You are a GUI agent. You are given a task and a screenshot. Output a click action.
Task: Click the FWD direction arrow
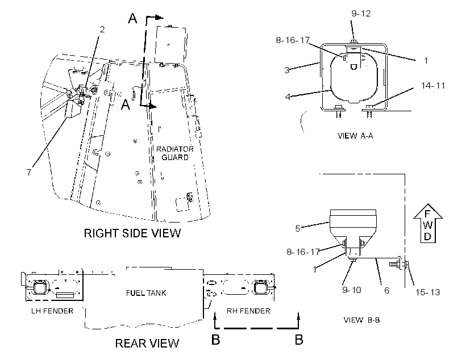(428, 223)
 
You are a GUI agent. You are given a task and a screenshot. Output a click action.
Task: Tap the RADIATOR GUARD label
(175, 153)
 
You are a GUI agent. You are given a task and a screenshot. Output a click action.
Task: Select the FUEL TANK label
(146, 293)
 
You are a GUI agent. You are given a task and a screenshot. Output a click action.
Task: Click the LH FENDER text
(52, 311)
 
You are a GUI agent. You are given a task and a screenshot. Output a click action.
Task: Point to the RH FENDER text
(248, 311)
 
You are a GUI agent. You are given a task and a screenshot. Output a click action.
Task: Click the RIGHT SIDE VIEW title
(132, 233)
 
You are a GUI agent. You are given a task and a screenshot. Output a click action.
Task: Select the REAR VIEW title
(147, 344)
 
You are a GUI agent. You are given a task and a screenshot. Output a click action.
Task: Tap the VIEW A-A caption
(355, 136)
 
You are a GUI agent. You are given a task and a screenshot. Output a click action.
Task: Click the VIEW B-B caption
(361, 320)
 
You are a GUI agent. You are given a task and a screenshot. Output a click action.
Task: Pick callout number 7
(29, 172)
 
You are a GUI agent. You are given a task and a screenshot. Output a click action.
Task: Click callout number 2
(102, 30)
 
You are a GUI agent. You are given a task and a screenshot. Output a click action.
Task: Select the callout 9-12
(361, 14)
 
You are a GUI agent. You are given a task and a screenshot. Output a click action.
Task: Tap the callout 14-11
(433, 86)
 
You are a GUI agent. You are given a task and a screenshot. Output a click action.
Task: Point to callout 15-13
(428, 292)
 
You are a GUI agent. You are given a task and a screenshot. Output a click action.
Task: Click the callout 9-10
(352, 290)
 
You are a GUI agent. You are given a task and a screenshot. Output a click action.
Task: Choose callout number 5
(297, 228)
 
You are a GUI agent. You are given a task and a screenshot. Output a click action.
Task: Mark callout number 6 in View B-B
(386, 290)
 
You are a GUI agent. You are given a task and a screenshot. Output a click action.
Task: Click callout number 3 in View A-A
(287, 70)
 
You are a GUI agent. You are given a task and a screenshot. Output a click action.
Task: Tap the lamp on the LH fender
(39, 287)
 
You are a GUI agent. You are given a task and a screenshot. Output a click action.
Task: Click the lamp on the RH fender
(261, 287)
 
